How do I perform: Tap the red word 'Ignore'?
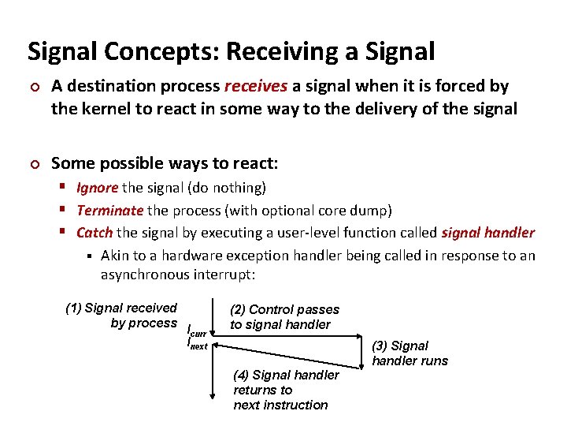click(97, 188)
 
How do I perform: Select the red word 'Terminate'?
click(109, 211)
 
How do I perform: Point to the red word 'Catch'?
click(94, 233)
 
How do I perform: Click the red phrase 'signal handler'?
click(487, 233)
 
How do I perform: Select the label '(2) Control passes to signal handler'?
click(283, 317)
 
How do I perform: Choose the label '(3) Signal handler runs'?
click(409, 353)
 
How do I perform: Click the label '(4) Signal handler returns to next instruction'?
click(285, 390)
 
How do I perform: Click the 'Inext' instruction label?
click(197, 344)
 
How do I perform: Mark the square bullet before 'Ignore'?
click(66, 188)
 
